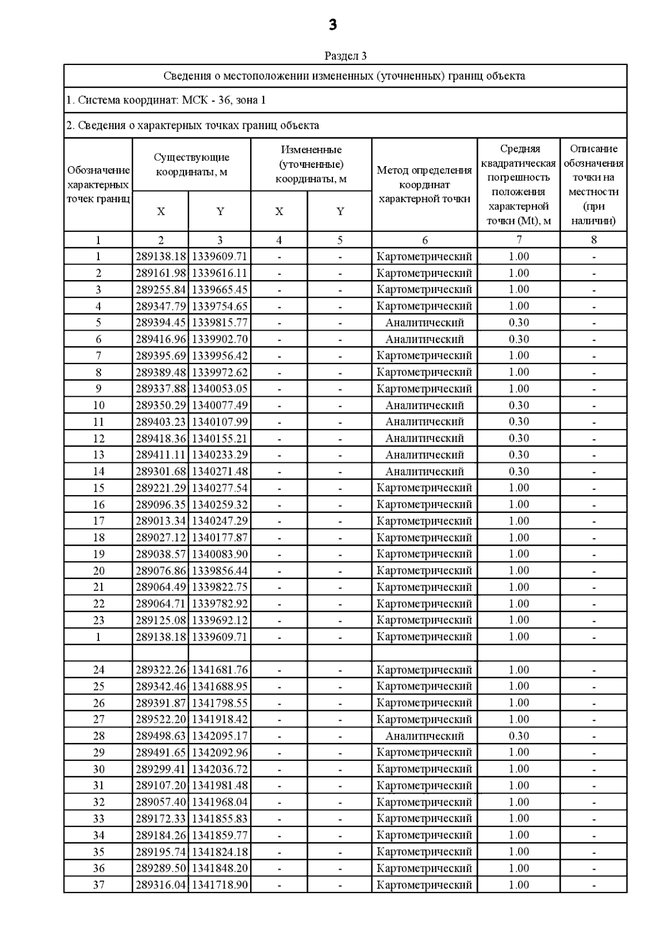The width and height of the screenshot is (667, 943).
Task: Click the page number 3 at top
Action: pyautogui.click(x=332, y=25)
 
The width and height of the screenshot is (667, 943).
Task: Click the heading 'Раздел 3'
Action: pyautogui.click(x=345, y=56)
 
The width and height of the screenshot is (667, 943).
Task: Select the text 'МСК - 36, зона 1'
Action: pyautogui.click(x=223, y=101)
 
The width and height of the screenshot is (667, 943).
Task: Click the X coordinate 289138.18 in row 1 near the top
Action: pyautogui.click(x=161, y=257)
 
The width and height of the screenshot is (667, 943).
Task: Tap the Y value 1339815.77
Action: pyautogui.click(x=220, y=323)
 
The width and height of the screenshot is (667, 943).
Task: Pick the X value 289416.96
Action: pyautogui.click(x=161, y=340)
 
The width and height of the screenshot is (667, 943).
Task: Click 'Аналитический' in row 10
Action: pyautogui.click(x=425, y=406)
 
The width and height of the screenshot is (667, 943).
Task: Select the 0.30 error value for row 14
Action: pyautogui.click(x=519, y=472)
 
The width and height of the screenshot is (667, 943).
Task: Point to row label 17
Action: pyautogui.click(x=98, y=521)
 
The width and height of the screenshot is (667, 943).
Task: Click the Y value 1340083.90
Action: pyautogui.click(x=220, y=554)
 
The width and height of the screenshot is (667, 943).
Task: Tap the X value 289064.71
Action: pyautogui.click(x=161, y=604)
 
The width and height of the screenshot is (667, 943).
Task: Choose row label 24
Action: pyautogui.click(x=98, y=670)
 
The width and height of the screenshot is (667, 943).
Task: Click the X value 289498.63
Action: pyautogui.click(x=161, y=736)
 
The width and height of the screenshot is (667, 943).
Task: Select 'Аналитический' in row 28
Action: pyautogui.click(x=425, y=736)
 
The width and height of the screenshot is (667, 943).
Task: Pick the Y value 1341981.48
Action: pyautogui.click(x=220, y=786)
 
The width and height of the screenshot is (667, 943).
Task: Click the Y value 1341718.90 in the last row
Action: pyautogui.click(x=220, y=885)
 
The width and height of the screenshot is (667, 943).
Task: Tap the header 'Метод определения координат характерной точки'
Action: pyautogui.click(x=425, y=184)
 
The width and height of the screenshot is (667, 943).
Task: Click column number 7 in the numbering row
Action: pyautogui.click(x=519, y=240)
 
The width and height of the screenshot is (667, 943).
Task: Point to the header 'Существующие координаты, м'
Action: pyautogui.click(x=192, y=165)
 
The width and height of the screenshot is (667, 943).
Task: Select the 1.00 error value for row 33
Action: pyautogui.click(x=519, y=819)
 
